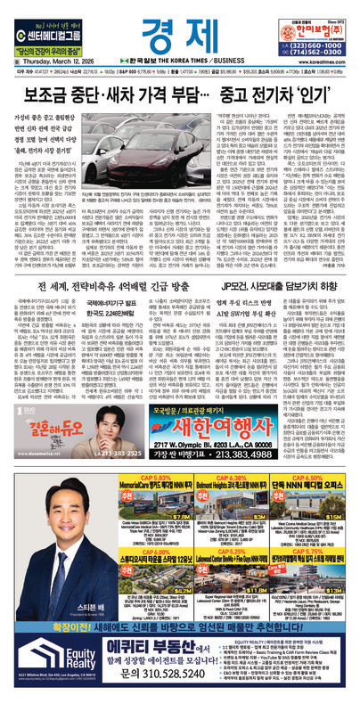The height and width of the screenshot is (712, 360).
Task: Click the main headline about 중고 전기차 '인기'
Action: click(x=180, y=91)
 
